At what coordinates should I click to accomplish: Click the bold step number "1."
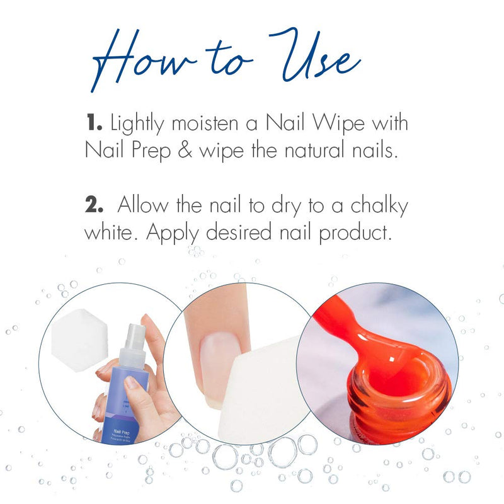tap(94, 123)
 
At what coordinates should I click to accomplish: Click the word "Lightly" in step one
tap(135, 124)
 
